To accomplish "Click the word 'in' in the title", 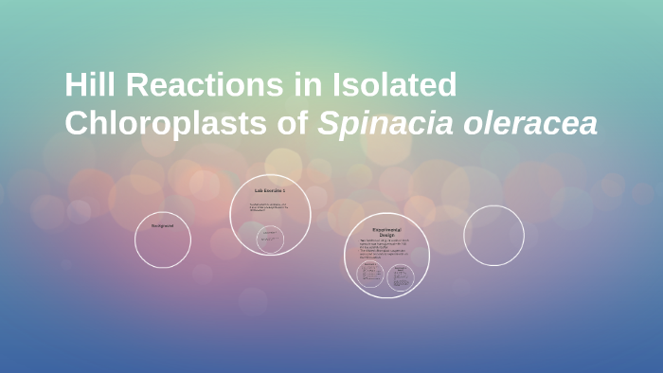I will click(x=305, y=85).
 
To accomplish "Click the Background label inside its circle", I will click(x=162, y=225).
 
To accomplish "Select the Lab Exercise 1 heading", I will click(x=270, y=192).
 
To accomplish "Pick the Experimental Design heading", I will click(x=386, y=233).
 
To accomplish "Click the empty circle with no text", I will click(x=493, y=236).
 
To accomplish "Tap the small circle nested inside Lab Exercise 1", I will click(x=271, y=240).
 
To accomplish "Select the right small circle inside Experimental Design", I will click(x=401, y=275).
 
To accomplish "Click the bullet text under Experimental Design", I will click(x=385, y=250).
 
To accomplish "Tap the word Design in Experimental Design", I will click(x=386, y=236).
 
